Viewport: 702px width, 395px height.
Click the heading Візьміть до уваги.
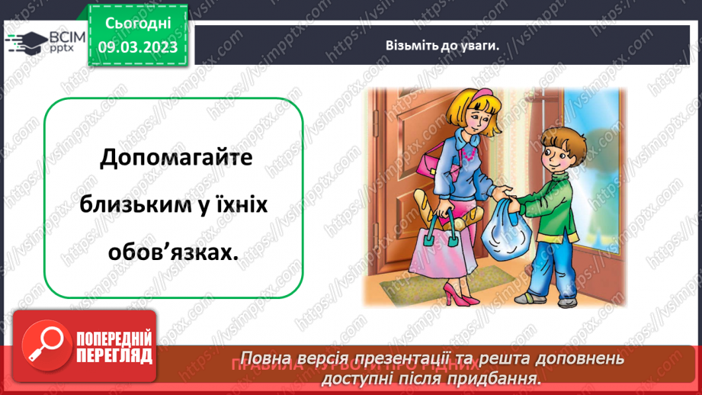pos(441,45)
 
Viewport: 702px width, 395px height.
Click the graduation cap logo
pos(25,42)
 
